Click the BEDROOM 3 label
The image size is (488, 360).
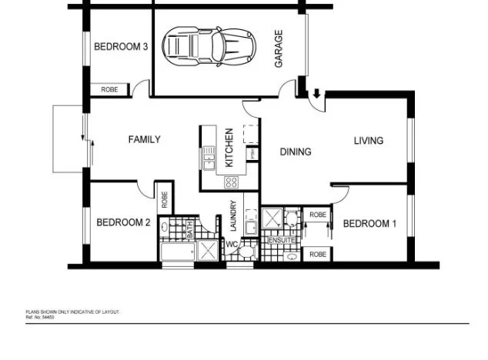[121, 47]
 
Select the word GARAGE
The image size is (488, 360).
[279, 48]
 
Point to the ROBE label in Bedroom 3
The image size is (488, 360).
[110, 90]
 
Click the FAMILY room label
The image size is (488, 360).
[144, 139]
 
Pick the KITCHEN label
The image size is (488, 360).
[229, 148]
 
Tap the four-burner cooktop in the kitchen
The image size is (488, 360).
[231, 182]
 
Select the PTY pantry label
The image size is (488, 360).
[251, 154]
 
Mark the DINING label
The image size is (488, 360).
[296, 152]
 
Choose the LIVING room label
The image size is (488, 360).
[368, 141]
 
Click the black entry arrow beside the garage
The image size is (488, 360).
[316, 95]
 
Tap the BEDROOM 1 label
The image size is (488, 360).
[369, 224]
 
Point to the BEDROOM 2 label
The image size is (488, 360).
[123, 223]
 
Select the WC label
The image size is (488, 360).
[231, 245]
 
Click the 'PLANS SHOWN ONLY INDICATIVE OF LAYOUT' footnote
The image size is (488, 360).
[73, 312]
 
